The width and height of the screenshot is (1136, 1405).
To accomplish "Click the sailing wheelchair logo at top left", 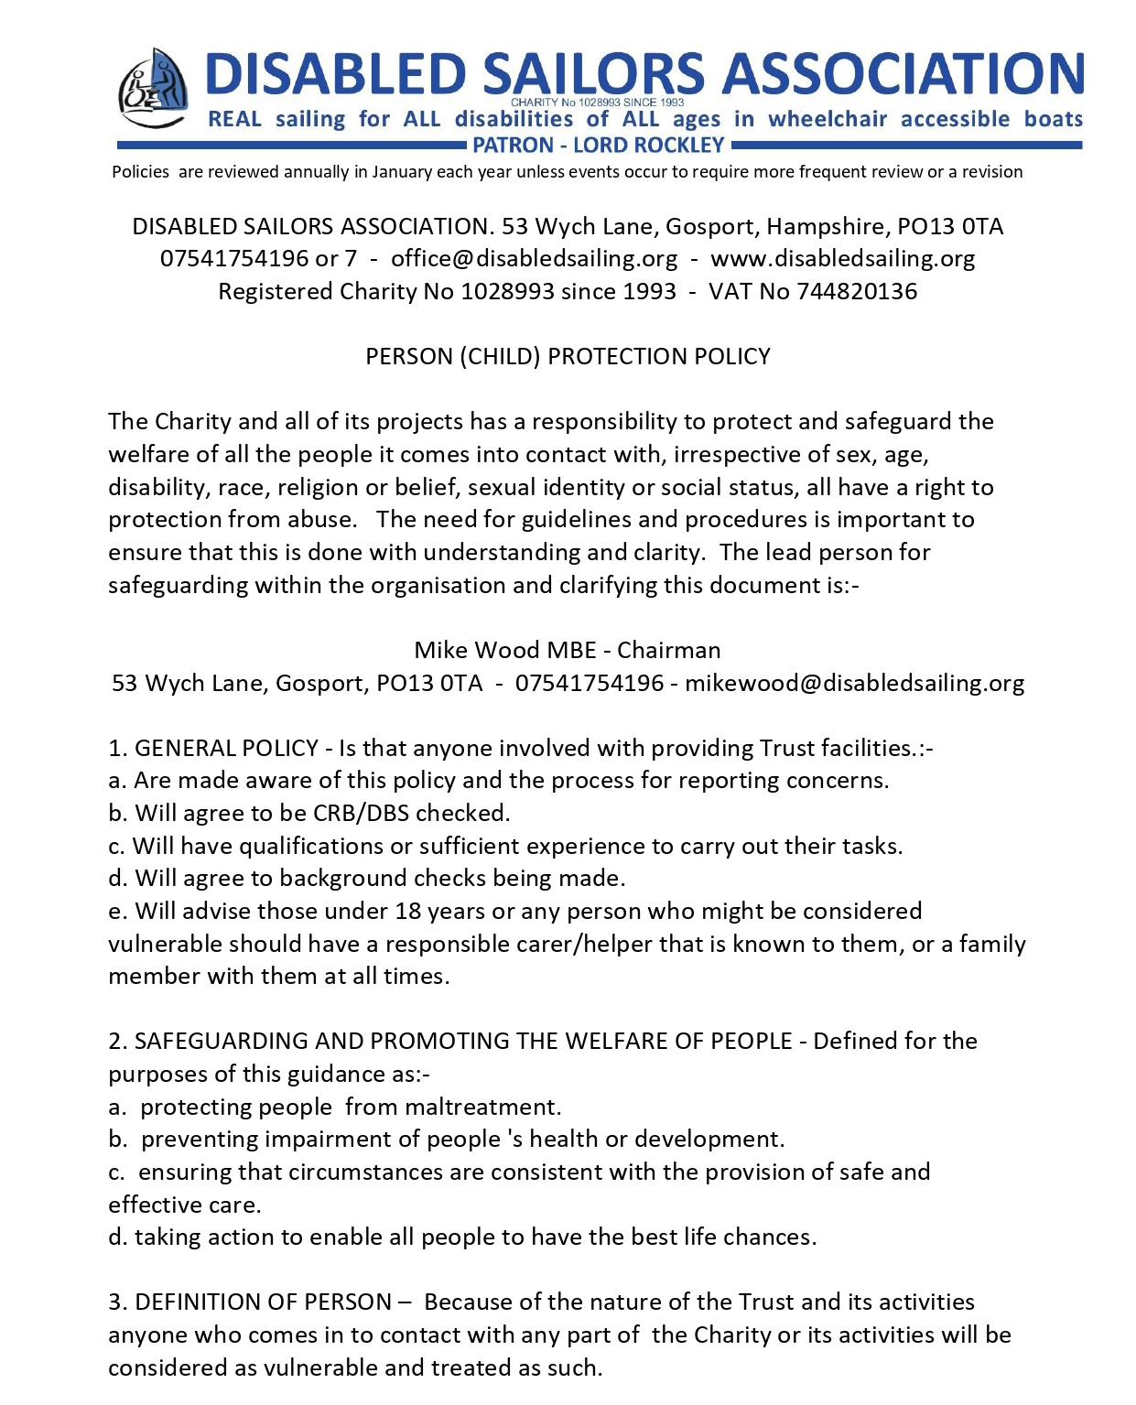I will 153,89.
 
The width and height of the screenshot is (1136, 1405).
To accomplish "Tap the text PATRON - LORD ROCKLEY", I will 598,146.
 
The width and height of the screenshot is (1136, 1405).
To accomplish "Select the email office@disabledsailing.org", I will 535,259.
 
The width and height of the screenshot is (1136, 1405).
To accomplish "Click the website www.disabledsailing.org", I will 842,259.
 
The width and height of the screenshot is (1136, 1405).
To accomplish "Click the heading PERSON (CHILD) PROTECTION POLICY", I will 568,356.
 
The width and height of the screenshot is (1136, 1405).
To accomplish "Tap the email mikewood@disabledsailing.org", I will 854,683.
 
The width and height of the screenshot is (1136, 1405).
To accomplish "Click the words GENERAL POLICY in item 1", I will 226,748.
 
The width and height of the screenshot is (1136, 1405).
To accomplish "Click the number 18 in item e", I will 407,911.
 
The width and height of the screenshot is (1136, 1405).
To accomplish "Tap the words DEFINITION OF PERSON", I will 264,1302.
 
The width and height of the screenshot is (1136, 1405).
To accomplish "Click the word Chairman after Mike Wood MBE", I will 668,650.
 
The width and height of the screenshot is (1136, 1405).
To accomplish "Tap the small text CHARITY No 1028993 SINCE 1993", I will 597,103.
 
